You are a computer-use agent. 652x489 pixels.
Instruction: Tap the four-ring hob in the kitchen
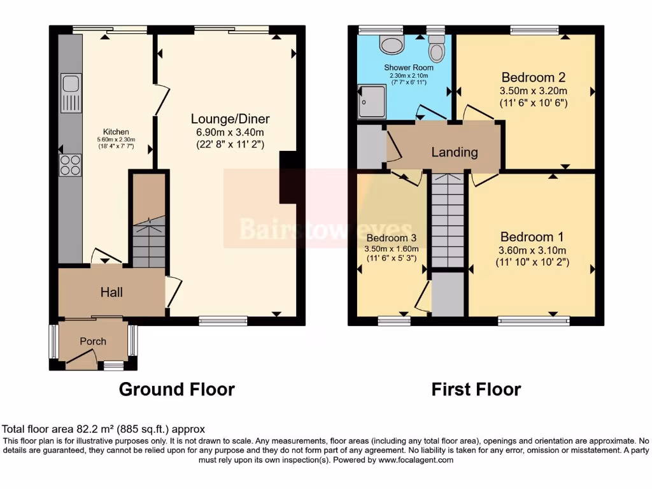coord(71,165)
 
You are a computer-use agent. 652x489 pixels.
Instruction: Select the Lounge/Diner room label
coord(230,119)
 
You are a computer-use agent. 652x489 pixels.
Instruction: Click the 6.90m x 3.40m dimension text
coord(230,132)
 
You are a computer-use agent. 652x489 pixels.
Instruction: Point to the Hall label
coord(111,292)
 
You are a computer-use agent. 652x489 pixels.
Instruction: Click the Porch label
coord(93,341)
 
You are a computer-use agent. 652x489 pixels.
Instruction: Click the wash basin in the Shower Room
coord(392,44)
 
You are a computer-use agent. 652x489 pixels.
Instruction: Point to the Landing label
coord(454,152)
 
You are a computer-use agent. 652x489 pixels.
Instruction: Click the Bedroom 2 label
coord(533,78)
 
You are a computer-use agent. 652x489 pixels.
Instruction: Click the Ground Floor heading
coord(176,389)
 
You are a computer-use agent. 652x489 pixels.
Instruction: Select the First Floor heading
coord(476,389)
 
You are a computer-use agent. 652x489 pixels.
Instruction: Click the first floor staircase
coord(447,220)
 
